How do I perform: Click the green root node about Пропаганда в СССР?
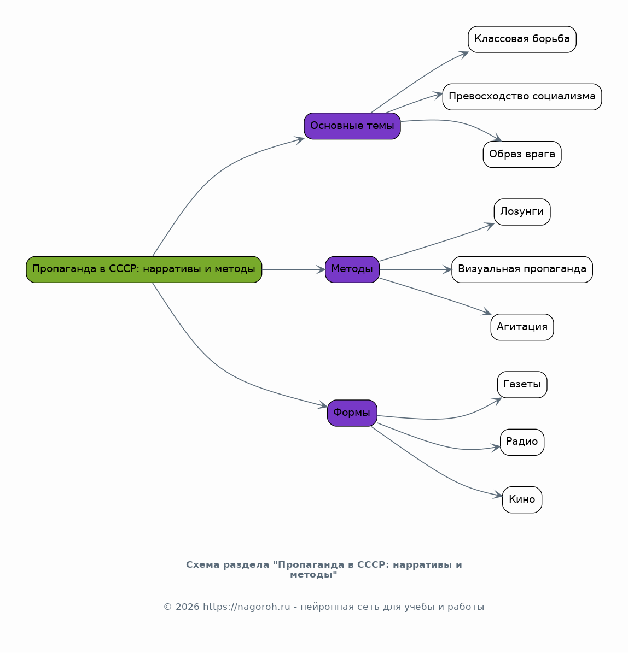click(x=144, y=269)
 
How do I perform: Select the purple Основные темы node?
click(x=352, y=126)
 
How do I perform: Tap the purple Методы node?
click(x=352, y=269)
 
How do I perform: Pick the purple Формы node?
click(x=352, y=413)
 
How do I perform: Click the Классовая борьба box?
click(x=522, y=39)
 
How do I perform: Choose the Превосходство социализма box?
click(x=522, y=97)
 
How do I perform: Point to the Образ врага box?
click(x=522, y=155)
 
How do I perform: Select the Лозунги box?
click(x=522, y=212)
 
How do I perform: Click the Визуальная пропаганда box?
click(x=522, y=269)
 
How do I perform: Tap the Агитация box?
click(x=522, y=327)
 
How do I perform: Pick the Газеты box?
click(x=522, y=384)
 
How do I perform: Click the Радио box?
click(x=522, y=442)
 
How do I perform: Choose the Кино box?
click(x=522, y=500)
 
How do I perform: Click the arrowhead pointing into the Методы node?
click(x=321, y=269)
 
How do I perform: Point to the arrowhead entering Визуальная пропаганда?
click(x=447, y=269)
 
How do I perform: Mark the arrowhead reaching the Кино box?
click(x=498, y=495)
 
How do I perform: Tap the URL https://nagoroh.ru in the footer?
click(x=247, y=607)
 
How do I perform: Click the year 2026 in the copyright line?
click(x=187, y=607)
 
